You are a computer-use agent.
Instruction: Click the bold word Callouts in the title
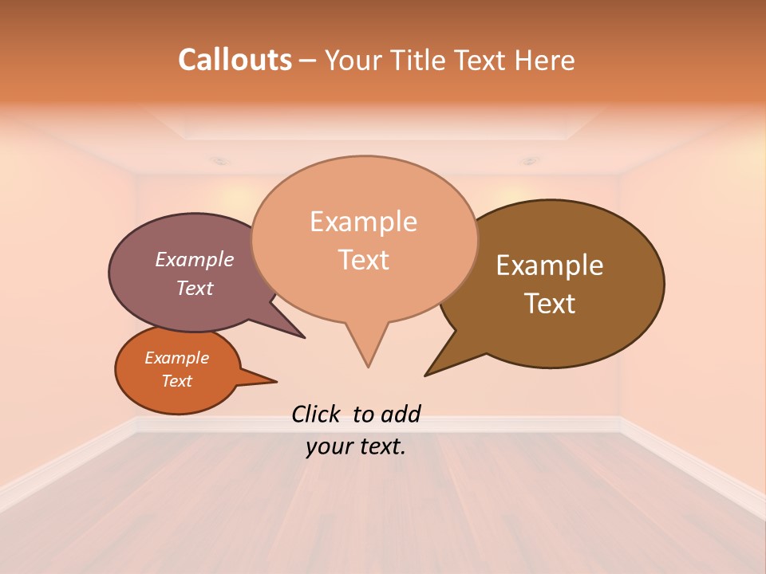(x=235, y=60)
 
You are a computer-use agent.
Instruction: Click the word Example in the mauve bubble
(x=195, y=260)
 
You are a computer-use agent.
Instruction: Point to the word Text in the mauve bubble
(x=195, y=288)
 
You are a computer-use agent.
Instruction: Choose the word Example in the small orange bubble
(x=177, y=358)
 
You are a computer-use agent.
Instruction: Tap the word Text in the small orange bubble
(x=177, y=381)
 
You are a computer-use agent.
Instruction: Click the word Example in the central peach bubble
(x=364, y=222)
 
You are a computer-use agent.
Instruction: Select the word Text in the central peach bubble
(x=364, y=260)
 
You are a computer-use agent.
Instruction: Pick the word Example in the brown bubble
(x=550, y=265)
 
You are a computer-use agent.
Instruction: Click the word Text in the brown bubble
(x=550, y=303)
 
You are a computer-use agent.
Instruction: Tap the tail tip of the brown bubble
(x=426, y=375)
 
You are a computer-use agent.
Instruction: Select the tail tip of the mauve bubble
(x=303, y=337)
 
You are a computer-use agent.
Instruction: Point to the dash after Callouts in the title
(x=308, y=60)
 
